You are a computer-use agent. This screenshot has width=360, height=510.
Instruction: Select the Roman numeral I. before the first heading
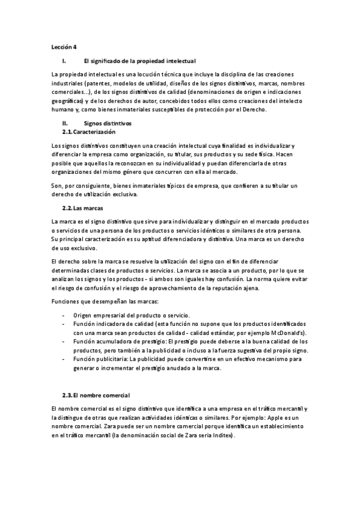tap(64, 61)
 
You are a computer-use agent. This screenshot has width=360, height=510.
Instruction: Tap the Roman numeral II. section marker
tap(64, 123)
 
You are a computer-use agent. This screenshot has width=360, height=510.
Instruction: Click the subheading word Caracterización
tap(94, 131)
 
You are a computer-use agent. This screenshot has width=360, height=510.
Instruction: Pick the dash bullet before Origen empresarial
tap(64, 315)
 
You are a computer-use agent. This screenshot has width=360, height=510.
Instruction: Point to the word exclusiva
tap(124, 194)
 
